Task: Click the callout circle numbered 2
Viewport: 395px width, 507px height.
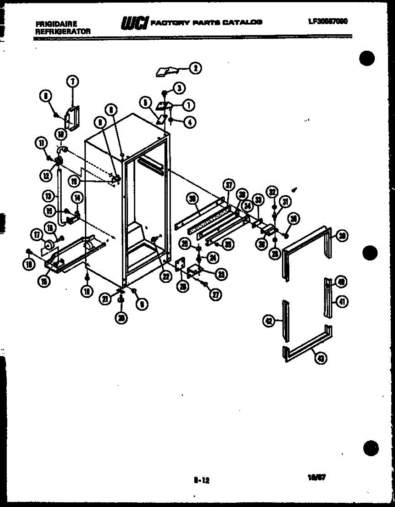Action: [x=195, y=68]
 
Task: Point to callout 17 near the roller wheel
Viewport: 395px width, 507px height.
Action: [x=36, y=234]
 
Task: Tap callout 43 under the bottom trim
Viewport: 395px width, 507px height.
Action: [x=322, y=359]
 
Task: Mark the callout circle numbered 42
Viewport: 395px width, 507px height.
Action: [x=268, y=322]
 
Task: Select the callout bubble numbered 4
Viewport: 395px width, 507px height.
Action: [x=190, y=122]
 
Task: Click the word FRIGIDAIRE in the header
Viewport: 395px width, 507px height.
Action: [x=53, y=25]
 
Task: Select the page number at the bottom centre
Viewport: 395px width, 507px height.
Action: [x=202, y=480]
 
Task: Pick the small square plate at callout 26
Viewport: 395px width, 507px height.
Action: [x=180, y=264]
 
